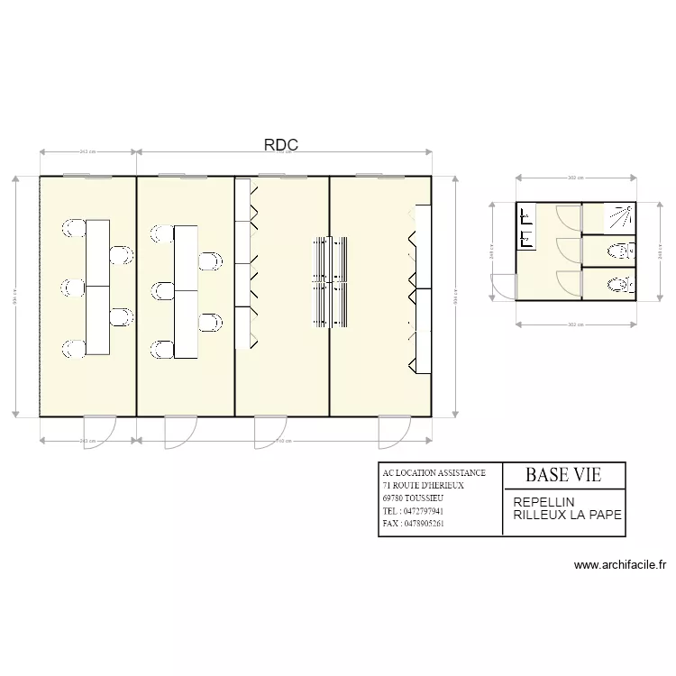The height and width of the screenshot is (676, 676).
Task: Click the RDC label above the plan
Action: tap(280, 144)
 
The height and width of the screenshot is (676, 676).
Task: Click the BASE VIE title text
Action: tap(562, 474)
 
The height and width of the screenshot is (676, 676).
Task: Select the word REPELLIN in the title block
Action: tap(544, 502)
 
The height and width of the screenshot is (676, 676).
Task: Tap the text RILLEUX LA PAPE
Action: tap(567, 516)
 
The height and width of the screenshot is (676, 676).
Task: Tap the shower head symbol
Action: tap(617, 217)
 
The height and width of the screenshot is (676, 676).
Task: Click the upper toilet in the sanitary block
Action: tap(618, 250)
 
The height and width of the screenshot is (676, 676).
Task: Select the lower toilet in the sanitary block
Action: tap(618, 284)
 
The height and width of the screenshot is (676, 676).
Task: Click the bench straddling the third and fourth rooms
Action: tap(330, 282)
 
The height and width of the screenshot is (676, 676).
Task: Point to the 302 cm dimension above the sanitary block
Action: tap(576, 178)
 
